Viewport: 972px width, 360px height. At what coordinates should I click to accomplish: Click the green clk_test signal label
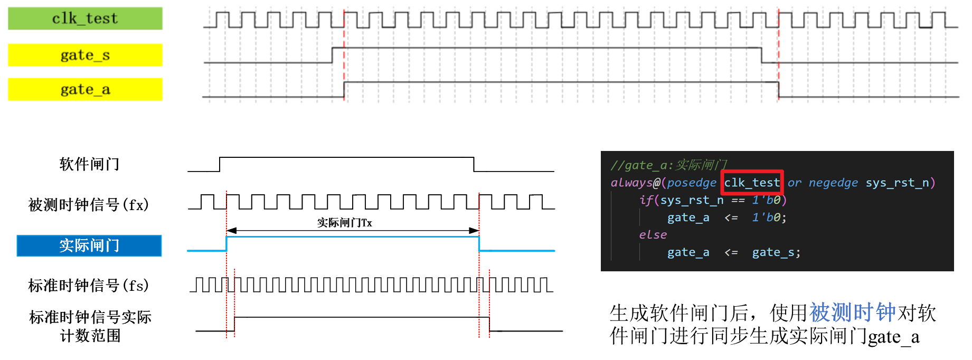[x=85, y=18]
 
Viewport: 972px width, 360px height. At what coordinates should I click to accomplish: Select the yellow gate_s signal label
[x=85, y=55]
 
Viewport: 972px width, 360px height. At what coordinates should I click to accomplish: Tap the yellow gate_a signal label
[x=85, y=89]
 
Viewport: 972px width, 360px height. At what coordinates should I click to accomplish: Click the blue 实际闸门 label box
[x=89, y=245]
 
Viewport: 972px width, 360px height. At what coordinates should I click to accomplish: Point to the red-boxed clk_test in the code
[x=752, y=183]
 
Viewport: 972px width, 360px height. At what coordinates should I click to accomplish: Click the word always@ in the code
[x=635, y=183]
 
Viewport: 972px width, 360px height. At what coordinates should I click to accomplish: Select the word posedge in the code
[x=692, y=183]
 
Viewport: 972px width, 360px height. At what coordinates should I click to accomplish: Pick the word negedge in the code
[x=833, y=183]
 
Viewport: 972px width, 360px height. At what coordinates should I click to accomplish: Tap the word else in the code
[x=653, y=235]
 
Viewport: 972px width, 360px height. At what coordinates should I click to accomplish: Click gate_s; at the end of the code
[x=776, y=252]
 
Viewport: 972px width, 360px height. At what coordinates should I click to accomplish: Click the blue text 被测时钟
[x=852, y=312]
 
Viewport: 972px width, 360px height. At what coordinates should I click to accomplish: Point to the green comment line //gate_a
[x=668, y=165]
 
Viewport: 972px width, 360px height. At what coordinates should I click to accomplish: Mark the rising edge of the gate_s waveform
[x=332, y=55]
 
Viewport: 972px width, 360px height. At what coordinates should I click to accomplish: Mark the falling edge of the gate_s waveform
[x=761, y=55]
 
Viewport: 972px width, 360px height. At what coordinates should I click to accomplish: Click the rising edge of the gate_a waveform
[x=344, y=89]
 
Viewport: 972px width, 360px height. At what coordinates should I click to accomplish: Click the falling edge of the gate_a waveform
[x=779, y=89]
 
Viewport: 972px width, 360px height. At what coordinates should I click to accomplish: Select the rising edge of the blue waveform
[x=227, y=243]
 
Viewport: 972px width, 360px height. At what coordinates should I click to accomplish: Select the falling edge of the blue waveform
[x=479, y=243]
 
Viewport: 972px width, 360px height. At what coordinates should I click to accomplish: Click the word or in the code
[x=794, y=183]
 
